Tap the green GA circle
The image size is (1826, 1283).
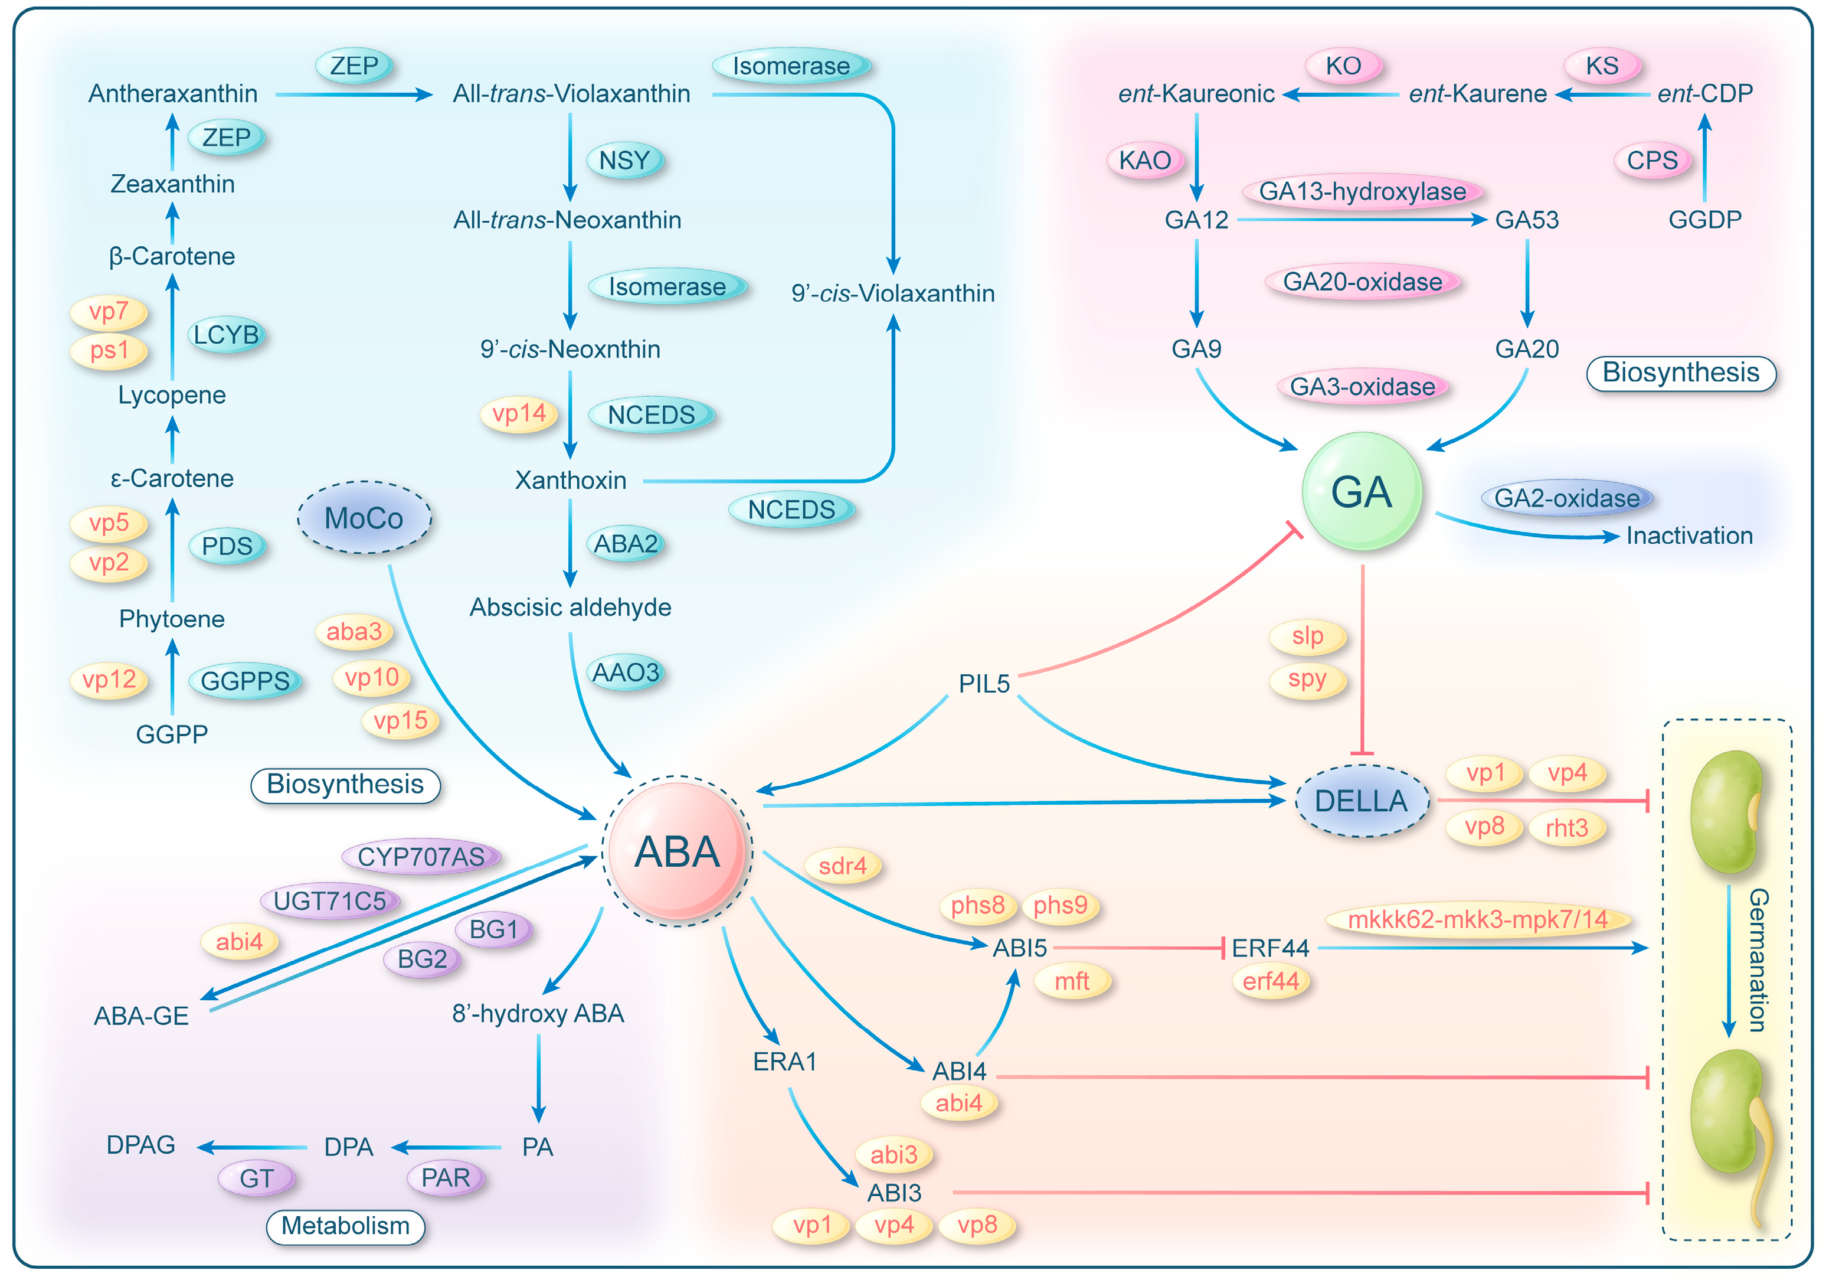1361,492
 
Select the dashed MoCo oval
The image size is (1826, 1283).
364,518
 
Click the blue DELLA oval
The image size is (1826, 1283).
1361,800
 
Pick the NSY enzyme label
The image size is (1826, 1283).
624,161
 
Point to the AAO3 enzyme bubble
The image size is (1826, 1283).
626,673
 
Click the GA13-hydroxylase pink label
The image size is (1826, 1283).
1362,192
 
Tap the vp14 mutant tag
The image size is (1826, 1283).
519,414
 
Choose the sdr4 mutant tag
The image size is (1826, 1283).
842,866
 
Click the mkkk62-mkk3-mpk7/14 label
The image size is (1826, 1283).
1478,920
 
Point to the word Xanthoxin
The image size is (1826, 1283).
570,481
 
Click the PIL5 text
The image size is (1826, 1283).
984,683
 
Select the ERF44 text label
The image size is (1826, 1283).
1270,948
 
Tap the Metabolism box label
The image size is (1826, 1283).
345,1226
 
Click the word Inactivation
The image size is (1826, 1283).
1689,536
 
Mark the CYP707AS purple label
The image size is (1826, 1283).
421,857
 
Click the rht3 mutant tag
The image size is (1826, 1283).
1566,828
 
